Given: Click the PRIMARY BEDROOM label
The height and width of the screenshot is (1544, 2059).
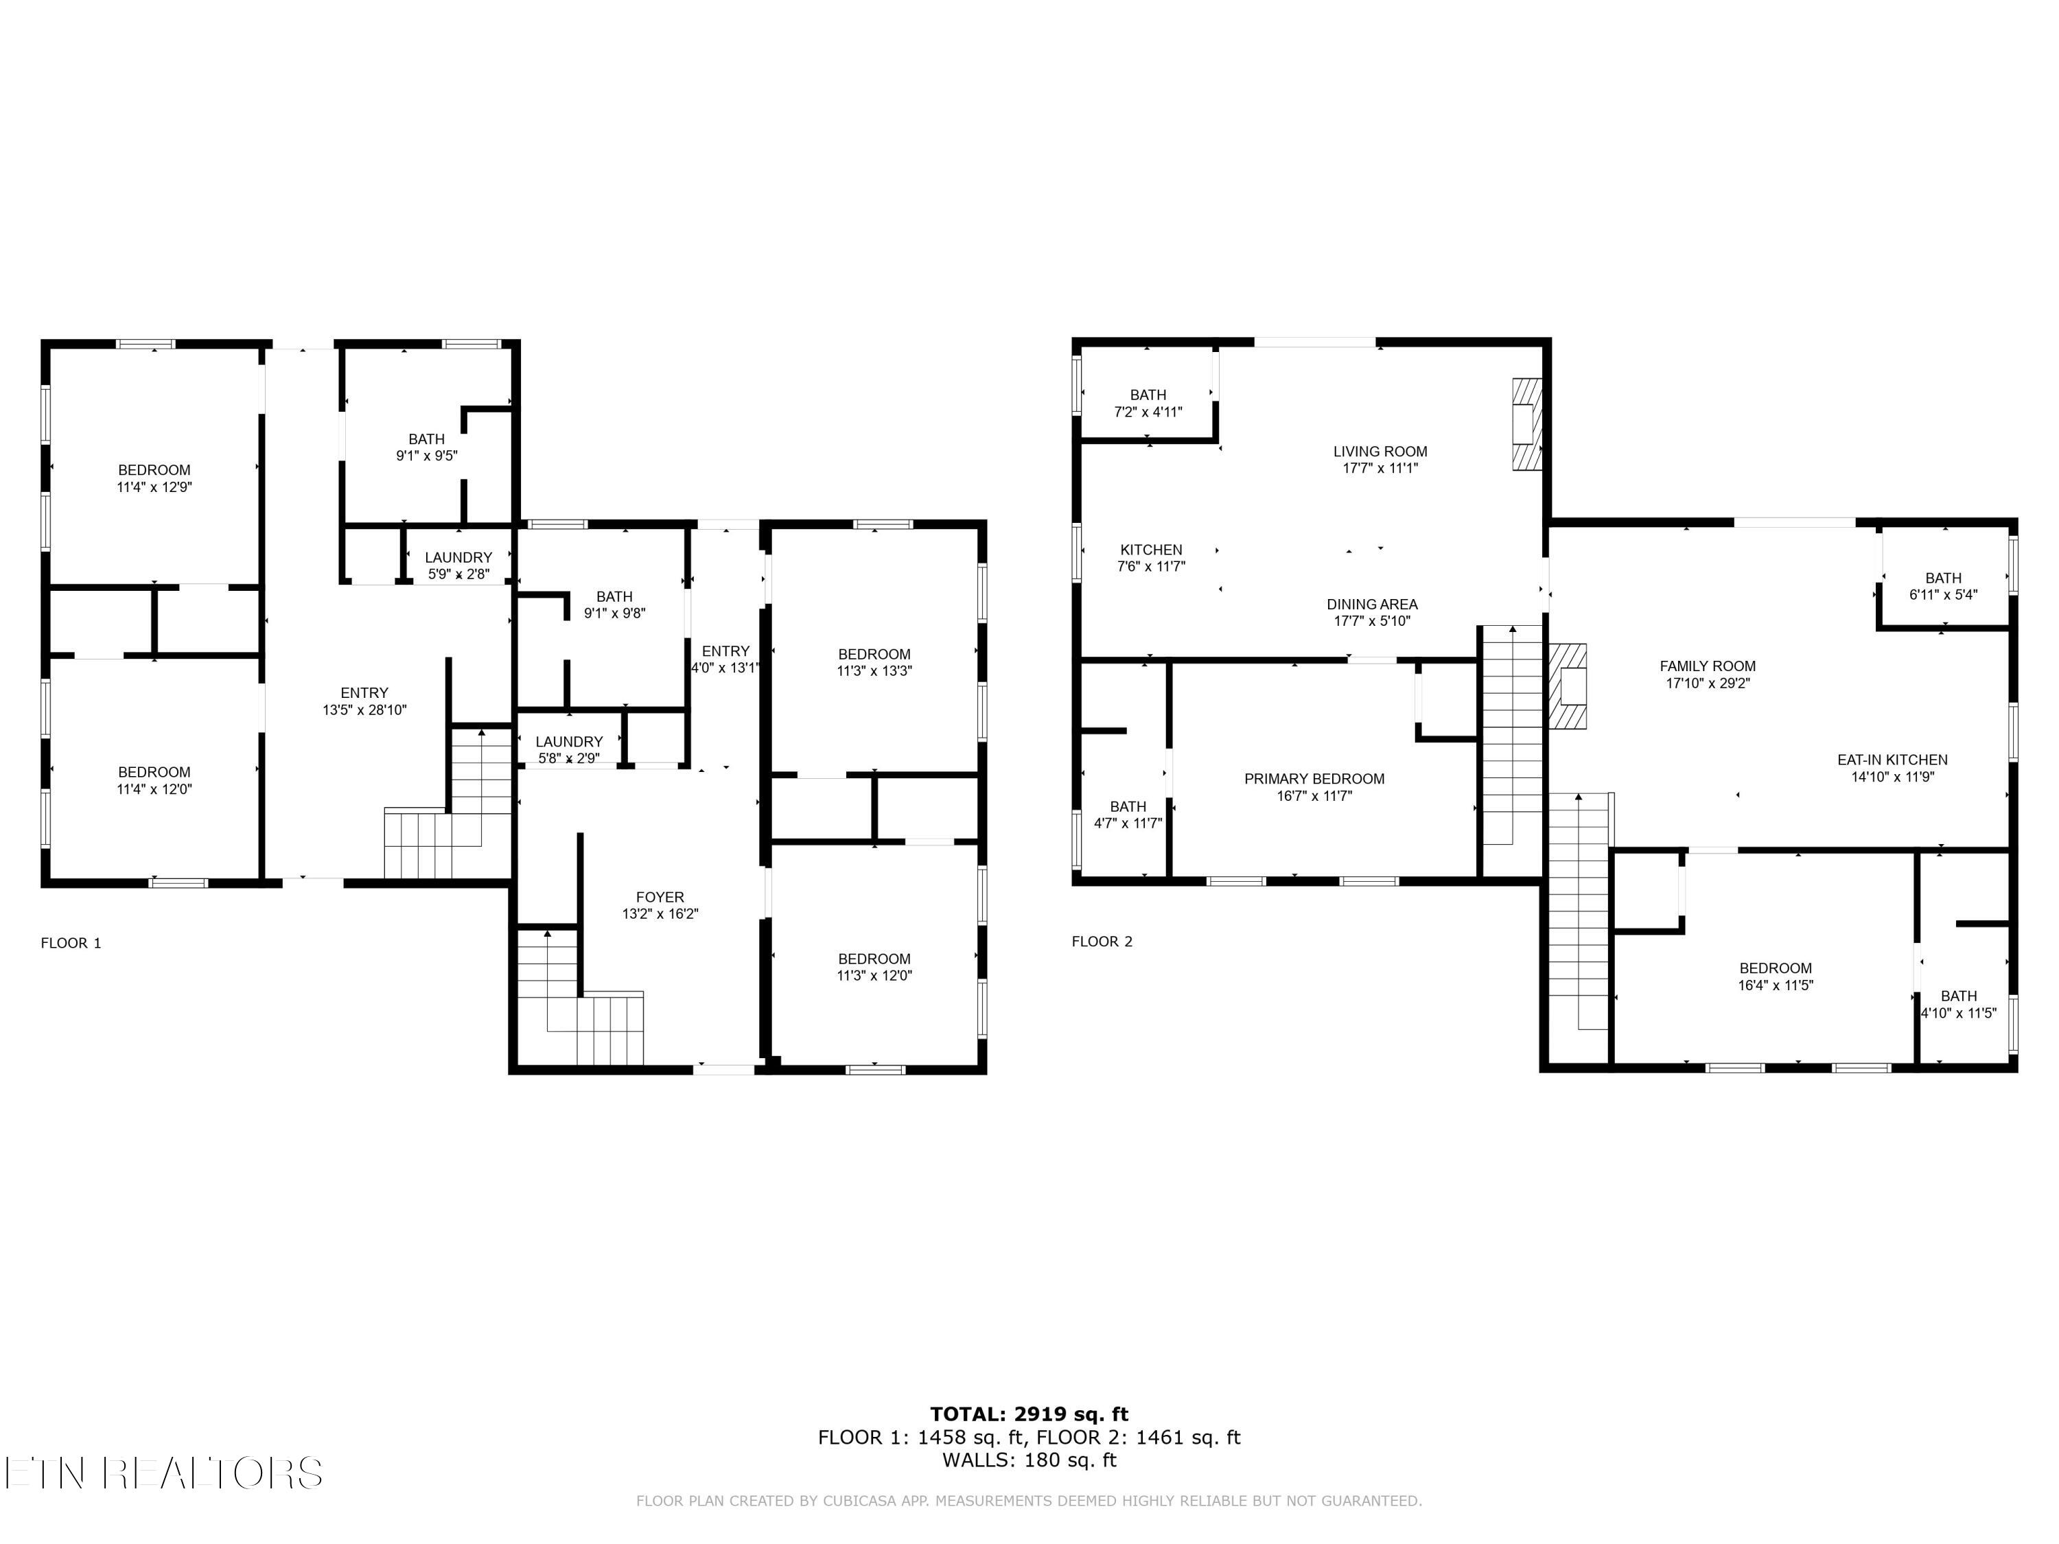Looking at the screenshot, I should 1314,779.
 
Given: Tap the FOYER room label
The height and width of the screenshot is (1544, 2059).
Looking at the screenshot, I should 660,897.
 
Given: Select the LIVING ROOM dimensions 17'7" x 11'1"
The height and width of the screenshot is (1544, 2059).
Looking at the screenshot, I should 1380,468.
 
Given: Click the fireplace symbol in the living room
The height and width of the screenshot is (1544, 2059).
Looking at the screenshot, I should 1526,423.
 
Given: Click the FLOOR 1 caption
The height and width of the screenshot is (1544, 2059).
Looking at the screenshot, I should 71,943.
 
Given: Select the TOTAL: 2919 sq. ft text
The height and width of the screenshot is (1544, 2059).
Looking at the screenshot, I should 1029,1414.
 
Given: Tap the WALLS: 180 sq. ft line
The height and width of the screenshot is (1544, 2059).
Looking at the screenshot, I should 1029,1460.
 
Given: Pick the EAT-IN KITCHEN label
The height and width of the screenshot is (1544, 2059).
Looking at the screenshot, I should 1892,760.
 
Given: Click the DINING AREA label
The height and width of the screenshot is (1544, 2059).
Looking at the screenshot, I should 1371,604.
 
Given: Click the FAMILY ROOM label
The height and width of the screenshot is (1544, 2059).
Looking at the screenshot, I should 1707,666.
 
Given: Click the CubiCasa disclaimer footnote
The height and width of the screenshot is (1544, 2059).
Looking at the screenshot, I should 1029,1500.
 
